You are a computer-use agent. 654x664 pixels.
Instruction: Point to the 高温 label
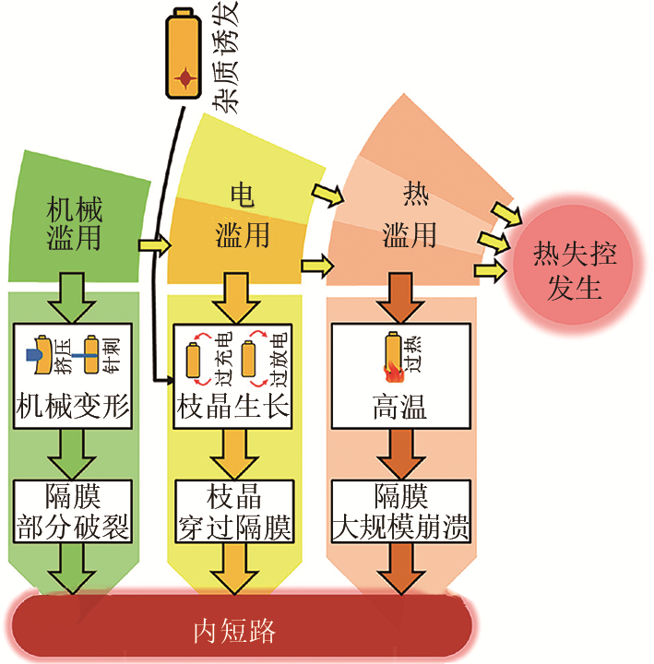pos(400,406)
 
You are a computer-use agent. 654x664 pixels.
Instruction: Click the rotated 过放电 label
pos(279,361)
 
